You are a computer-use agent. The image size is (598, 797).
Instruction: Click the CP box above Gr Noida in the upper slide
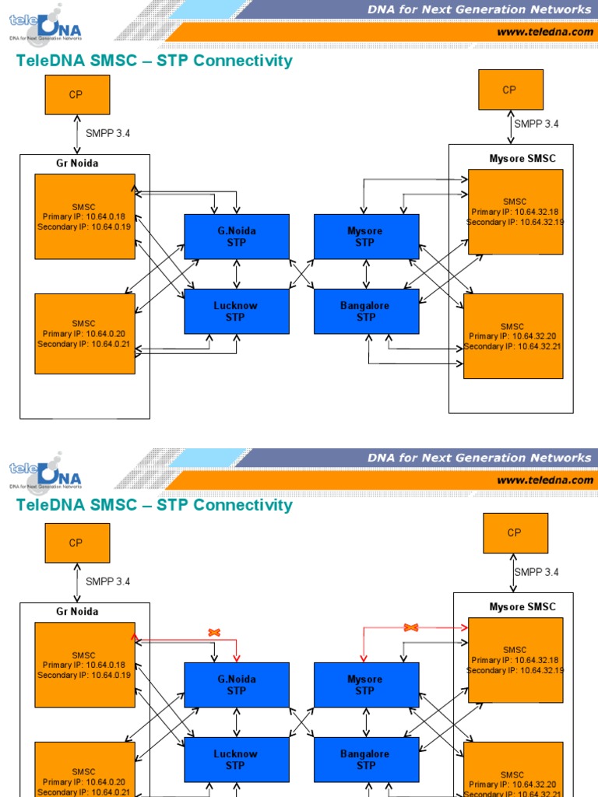coord(77,95)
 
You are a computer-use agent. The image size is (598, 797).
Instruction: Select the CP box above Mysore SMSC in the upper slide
coord(511,90)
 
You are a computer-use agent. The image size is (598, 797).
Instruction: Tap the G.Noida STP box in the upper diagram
coord(236,237)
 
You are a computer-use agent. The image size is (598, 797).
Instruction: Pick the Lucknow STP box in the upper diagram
coord(236,311)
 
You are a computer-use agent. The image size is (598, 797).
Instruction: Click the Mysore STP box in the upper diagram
coord(366,237)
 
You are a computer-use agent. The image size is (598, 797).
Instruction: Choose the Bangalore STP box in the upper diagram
coord(366,311)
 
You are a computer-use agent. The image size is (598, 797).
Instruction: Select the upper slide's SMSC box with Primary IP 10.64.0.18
coord(85,216)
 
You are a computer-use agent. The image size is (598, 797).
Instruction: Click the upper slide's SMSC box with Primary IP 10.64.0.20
coord(85,333)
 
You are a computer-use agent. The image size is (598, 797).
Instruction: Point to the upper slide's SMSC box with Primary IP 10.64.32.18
coord(515,212)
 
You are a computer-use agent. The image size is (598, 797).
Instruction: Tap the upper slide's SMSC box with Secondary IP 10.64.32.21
coord(512,336)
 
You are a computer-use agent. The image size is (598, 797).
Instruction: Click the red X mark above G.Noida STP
coord(214,633)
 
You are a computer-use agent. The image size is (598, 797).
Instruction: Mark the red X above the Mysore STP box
coord(412,627)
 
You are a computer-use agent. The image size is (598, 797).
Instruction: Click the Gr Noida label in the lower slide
coord(77,612)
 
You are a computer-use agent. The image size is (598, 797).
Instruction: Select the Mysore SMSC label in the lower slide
coord(522,607)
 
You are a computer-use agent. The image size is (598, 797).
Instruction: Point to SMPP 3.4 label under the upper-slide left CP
coord(107,133)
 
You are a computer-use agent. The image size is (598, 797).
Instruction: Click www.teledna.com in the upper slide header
coord(544,32)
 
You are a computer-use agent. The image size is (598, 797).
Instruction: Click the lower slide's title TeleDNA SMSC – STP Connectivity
coord(154,505)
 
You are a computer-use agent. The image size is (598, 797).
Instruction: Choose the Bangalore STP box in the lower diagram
coord(366,760)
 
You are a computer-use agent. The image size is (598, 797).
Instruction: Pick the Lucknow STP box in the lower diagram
coord(236,760)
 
